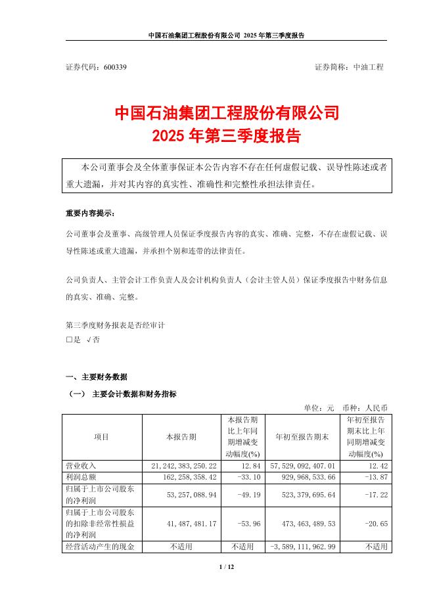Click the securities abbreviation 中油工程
[368, 67]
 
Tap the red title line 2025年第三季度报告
[226, 136]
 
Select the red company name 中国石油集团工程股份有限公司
[227, 112]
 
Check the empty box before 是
[69, 340]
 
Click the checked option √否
[93, 340]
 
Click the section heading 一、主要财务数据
[97, 377]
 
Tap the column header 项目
[101, 436]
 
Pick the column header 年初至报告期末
[302, 436]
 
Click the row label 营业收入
[81, 465]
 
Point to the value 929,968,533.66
[301, 475]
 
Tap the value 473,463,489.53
[301, 524]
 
